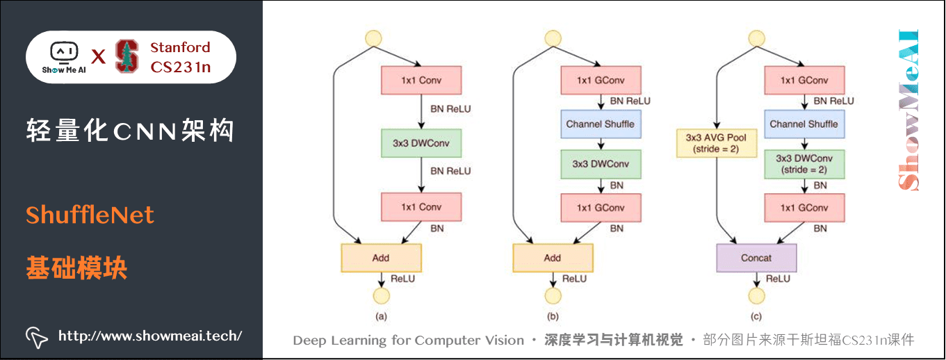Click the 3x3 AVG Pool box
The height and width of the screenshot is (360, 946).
pos(716,142)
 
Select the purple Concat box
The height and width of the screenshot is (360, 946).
pos(756,258)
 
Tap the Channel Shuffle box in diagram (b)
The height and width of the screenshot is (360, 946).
pos(600,124)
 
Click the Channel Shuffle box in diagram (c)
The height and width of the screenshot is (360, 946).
pos(804,124)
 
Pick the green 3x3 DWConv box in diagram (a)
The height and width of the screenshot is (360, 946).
pos(421,142)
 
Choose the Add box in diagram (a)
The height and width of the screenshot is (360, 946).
pos(381,258)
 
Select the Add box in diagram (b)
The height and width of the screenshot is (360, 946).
pos(553,258)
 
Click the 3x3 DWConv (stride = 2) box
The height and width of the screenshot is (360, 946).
pos(804,164)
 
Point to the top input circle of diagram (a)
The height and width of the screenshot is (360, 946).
pos(374,38)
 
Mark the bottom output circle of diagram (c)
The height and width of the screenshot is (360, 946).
pos(756,296)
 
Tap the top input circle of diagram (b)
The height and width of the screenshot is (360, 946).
pos(553,38)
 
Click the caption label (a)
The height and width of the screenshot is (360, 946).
pos(381,317)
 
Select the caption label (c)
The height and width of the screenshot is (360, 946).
pos(756,317)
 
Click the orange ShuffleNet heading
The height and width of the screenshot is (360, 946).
pos(90,215)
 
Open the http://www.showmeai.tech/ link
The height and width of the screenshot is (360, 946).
pos(149,336)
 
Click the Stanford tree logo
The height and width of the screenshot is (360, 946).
pos(127,56)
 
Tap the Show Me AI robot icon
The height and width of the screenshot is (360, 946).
pos(64,52)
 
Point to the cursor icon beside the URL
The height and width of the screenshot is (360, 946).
pos(36,336)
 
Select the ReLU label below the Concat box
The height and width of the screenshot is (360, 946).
pos(778,279)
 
